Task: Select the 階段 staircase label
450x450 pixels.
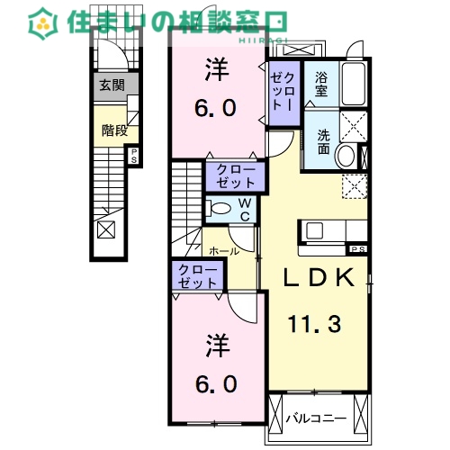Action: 113,130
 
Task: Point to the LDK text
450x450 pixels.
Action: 316,280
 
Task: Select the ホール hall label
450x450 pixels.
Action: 223,251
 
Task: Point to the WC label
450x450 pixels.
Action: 243,210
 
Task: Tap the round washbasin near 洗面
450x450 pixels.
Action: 346,157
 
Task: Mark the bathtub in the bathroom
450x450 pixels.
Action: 351,85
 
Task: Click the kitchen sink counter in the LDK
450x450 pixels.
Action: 322,229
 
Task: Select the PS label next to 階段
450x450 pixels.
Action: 134,155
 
